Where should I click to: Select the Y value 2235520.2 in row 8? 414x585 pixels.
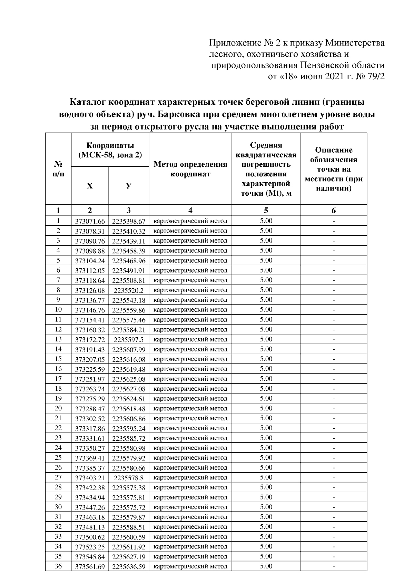[129, 290]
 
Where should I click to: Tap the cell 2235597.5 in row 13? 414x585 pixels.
[129, 340]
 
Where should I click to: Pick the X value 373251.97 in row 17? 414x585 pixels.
[90, 379]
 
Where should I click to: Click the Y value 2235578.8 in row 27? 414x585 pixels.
[129, 478]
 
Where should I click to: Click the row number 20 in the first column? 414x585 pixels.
[58, 408]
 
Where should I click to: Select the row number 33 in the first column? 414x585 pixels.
[58, 536]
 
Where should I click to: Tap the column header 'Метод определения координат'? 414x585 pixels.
[190, 169]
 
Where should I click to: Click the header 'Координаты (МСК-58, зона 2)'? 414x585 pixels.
[110, 150]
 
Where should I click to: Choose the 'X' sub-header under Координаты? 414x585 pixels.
[90, 186]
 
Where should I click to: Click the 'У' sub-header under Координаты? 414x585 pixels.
[128, 186]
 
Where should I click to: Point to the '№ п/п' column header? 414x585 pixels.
[58, 169]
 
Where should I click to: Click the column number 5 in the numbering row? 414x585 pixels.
[266, 211]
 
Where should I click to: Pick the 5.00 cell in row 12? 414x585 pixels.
[266, 329]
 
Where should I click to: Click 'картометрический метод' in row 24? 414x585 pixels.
[190, 448]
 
